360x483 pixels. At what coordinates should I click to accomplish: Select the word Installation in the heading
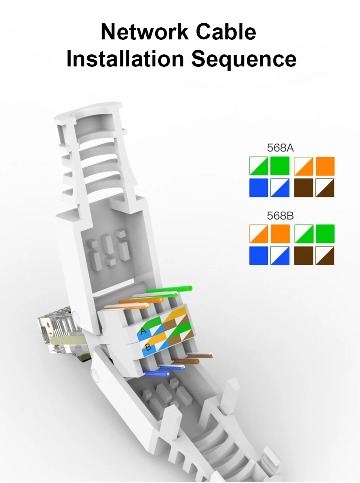coord(125,59)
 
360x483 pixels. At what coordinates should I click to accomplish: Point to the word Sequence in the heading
coord(244,59)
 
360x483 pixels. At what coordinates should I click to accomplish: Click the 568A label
coord(280,147)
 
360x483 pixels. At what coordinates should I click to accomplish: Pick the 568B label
coord(280,216)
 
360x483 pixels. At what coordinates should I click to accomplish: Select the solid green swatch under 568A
coord(280,166)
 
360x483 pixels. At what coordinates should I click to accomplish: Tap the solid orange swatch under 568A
coord(325,166)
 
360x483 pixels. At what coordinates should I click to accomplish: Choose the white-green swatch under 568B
coord(304,234)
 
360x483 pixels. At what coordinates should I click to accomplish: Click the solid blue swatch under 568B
coord(258,256)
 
